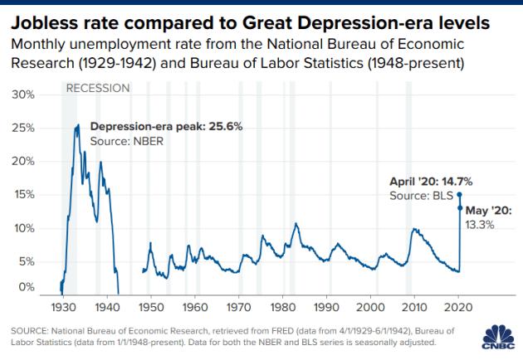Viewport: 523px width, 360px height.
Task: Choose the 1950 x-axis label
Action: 149,306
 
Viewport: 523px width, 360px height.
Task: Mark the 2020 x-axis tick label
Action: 458,306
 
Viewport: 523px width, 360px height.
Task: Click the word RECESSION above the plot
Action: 97,88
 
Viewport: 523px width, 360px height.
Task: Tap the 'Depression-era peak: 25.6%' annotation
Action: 166,128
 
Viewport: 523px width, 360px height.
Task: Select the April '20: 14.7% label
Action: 425,181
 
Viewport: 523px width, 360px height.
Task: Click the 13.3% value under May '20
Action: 481,224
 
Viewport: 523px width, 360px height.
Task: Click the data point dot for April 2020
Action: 459,195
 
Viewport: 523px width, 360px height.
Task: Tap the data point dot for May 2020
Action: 459,208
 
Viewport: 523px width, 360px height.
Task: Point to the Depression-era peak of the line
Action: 77,125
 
